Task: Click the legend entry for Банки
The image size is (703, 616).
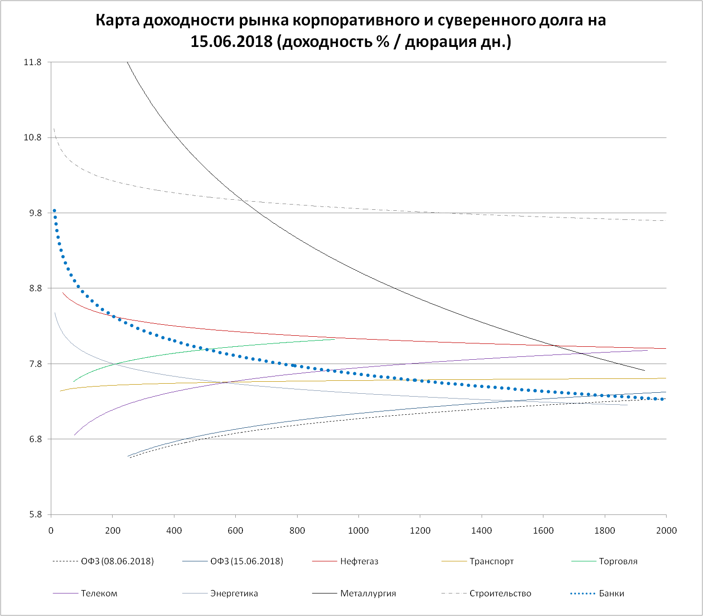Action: [611, 593]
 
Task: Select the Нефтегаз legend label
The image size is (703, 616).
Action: [359, 561]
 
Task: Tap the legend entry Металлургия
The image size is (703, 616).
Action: [368, 593]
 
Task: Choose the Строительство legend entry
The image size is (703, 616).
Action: [500, 593]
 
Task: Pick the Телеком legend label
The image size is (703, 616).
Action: [99, 593]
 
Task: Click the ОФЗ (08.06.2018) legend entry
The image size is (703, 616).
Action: [117, 561]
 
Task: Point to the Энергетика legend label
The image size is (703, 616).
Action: [234, 593]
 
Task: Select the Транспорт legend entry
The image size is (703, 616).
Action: [492, 561]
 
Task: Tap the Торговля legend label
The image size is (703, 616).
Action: [618, 561]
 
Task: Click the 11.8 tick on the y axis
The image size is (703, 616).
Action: [33, 62]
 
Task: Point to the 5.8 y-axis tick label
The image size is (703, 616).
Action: [35, 515]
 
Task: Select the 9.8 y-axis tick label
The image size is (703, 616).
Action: [35, 213]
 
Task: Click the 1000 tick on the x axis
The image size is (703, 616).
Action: [358, 530]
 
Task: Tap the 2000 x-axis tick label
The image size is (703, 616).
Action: [666, 530]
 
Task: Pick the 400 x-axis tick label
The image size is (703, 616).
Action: [174, 530]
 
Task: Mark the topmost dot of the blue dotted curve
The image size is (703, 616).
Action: [54, 211]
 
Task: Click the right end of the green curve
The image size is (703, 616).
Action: [334, 339]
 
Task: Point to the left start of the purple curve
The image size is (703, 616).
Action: [74, 435]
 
